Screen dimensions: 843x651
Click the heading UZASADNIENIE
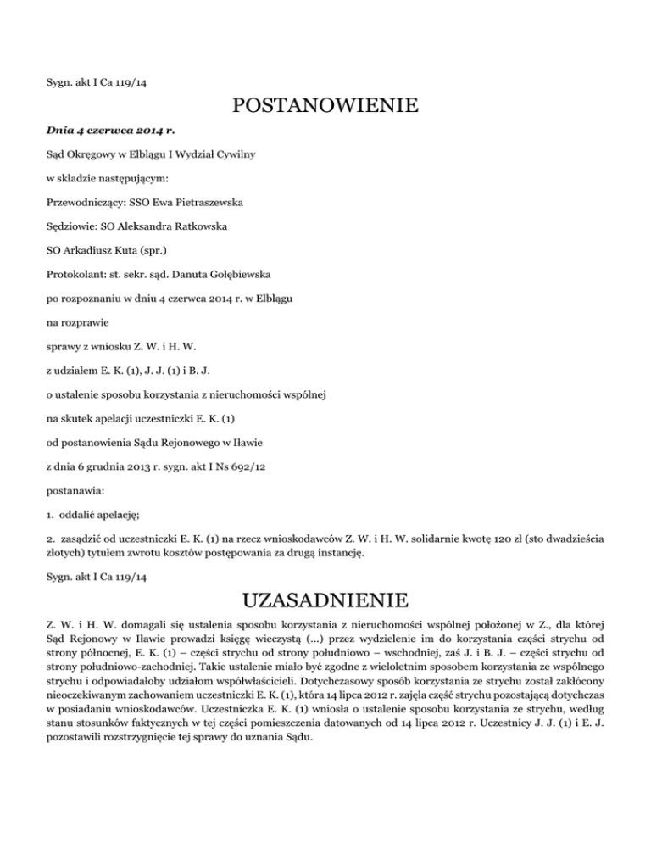point(325,602)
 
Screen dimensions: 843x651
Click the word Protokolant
point(72,275)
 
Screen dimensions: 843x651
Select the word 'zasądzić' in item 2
point(82,537)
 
